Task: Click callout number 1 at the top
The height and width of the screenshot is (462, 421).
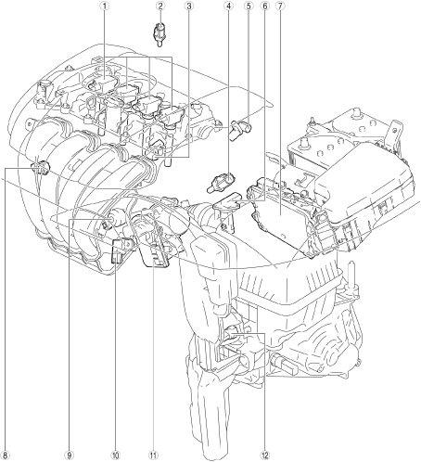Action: (105, 6)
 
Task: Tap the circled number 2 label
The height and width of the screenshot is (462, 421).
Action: (160, 6)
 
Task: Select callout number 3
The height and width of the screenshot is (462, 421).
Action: (189, 6)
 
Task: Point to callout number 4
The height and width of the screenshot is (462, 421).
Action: (228, 6)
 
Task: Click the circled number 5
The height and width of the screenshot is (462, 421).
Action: (249, 6)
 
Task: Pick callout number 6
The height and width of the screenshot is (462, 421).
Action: (264, 6)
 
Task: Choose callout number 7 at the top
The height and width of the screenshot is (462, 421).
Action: (280, 6)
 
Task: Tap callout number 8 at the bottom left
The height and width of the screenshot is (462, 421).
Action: (6, 455)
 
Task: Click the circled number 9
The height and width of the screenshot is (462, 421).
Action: (69, 455)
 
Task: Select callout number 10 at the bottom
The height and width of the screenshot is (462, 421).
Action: (115, 455)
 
